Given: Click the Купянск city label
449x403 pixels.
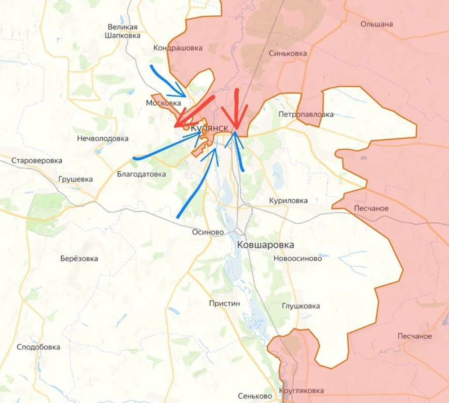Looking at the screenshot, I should pyautogui.click(x=209, y=127).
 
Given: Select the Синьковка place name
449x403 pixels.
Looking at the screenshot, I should pyautogui.click(x=287, y=53).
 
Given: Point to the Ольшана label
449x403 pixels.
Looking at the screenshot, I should pyautogui.click(x=376, y=24).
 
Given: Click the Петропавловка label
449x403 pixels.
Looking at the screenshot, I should pyautogui.click(x=306, y=115).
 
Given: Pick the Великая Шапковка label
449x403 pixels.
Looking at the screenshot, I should pyautogui.click(x=122, y=31).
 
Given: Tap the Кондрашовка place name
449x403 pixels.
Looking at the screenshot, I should pyautogui.click(x=178, y=48).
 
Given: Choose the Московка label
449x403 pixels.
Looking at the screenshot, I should pyautogui.click(x=163, y=103).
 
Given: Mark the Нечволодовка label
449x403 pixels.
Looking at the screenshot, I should pyautogui.click(x=103, y=138).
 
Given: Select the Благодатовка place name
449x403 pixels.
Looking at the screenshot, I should pyautogui.click(x=141, y=174).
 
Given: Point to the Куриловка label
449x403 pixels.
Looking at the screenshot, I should pyautogui.click(x=288, y=200).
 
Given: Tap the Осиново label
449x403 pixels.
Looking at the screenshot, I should pyautogui.click(x=208, y=232).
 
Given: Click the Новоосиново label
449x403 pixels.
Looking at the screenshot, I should pyautogui.click(x=298, y=259).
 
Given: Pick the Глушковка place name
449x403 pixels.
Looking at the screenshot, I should pyautogui.click(x=301, y=306).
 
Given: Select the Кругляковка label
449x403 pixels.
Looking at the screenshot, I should pyautogui.click(x=302, y=391).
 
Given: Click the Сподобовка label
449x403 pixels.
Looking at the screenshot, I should pyautogui.click(x=38, y=347).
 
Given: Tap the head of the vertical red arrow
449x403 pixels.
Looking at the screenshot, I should pyautogui.click(x=236, y=129).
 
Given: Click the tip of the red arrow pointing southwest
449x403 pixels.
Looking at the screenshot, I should pyautogui.click(x=175, y=126).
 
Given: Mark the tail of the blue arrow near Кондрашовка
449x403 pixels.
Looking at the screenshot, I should pyautogui.click(x=152, y=67).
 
